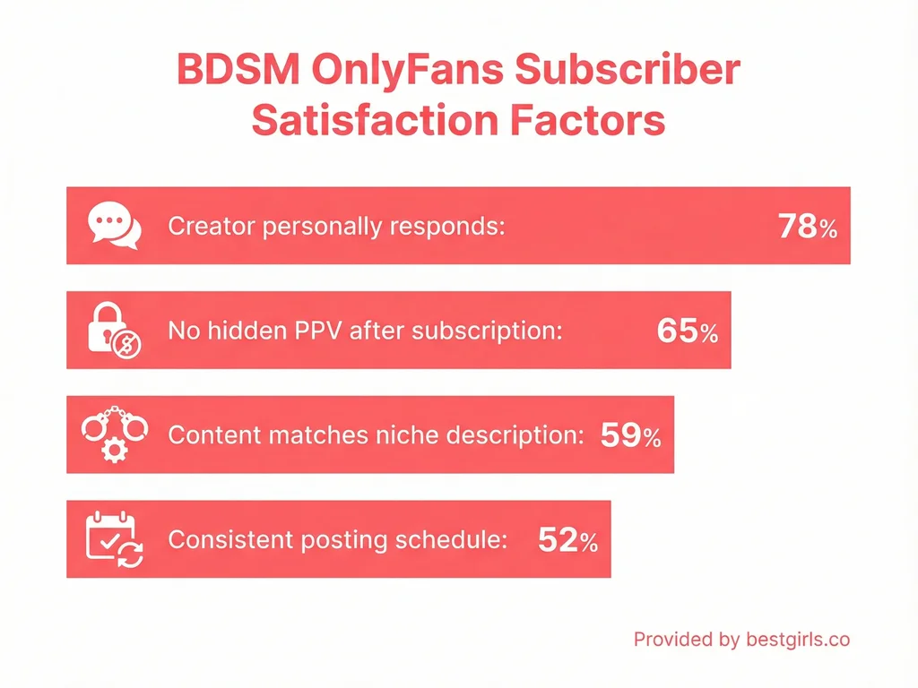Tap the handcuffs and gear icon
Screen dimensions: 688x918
click(114, 434)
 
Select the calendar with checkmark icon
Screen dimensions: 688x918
click(114, 539)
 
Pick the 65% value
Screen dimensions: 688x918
click(687, 331)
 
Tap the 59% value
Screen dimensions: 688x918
click(630, 436)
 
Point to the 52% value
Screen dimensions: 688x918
click(567, 540)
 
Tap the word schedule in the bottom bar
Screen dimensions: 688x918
click(458, 540)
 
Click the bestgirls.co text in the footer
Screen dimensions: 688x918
click(797, 640)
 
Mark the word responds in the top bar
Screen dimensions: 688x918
click(448, 227)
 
